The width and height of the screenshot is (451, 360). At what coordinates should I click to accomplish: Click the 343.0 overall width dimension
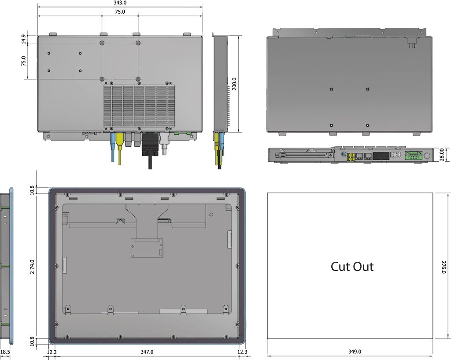[120, 3]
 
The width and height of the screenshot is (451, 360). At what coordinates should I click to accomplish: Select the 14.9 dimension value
[23, 39]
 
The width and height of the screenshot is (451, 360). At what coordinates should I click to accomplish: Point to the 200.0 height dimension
[234, 84]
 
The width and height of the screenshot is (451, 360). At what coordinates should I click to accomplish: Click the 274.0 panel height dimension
[32, 267]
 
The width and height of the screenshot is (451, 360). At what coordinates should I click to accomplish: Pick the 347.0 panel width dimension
[147, 352]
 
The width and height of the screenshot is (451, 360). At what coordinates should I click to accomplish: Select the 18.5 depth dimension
[5, 352]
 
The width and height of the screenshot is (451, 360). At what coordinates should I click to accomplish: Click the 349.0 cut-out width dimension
[355, 352]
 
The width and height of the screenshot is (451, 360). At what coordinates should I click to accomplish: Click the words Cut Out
[352, 267]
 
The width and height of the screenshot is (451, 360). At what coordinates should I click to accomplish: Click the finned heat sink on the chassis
[139, 106]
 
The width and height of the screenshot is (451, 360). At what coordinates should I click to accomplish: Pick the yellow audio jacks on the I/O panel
[351, 157]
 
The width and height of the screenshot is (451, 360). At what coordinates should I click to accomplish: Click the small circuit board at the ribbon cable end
[147, 248]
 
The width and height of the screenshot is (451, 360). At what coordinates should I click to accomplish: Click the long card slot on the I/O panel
[304, 155]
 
